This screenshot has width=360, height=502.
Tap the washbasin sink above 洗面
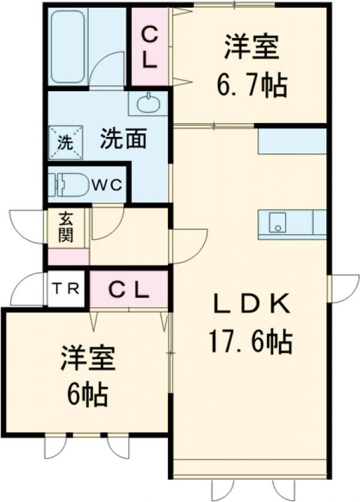(147, 104)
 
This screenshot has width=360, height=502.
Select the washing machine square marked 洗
(64, 144)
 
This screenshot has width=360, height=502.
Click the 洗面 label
(123, 139)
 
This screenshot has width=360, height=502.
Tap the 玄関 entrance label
(66, 226)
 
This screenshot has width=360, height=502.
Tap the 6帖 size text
(86, 395)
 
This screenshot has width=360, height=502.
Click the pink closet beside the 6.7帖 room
(151, 47)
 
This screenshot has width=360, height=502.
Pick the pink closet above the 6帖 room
(128, 289)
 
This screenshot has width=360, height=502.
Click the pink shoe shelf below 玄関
(68, 256)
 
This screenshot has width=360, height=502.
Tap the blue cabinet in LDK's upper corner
(292, 142)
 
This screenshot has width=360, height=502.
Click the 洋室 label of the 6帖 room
(87, 360)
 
